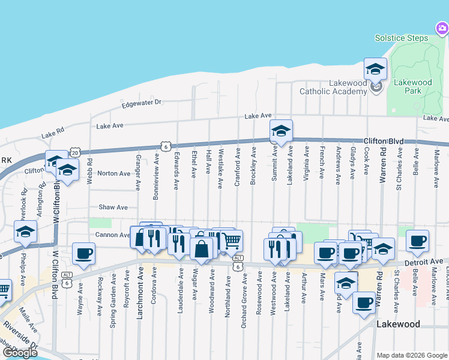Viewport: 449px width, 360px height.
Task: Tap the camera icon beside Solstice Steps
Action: (x=442, y=28)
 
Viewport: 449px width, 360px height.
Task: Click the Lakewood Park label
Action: (x=412, y=86)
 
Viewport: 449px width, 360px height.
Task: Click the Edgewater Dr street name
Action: (x=142, y=103)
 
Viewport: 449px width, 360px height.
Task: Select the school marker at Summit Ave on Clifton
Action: (x=280, y=131)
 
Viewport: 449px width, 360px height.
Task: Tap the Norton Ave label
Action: (x=114, y=173)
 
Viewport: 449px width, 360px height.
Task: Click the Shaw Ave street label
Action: (x=113, y=207)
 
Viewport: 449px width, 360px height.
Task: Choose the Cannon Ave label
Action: (x=112, y=235)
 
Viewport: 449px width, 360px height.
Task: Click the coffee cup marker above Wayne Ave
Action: (x=83, y=253)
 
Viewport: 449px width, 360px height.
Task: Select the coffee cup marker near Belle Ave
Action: (x=417, y=241)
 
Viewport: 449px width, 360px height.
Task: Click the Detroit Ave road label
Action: (x=426, y=262)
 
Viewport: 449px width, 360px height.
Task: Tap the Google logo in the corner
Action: (x=20, y=352)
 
